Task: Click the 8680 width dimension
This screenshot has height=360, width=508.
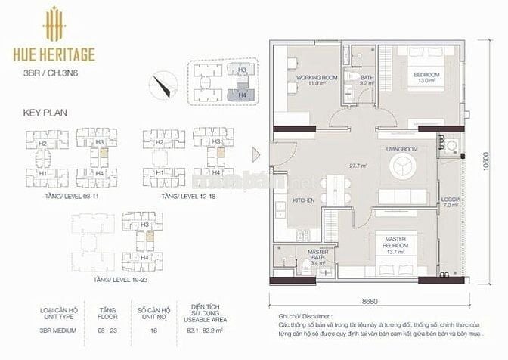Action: tap(370, 301)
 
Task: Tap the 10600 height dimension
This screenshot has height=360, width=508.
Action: tap(494, 163)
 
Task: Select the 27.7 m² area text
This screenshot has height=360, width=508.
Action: tap(358, 165)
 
